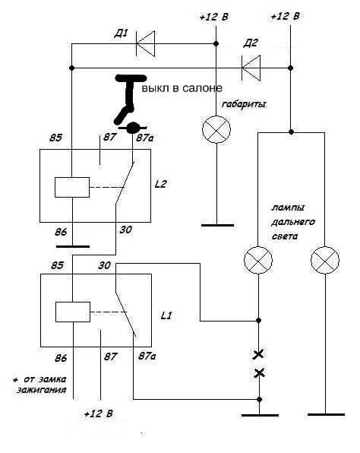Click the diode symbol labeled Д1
pos(146,43)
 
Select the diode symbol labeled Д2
pos(251,68)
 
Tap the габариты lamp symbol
pos(216,129)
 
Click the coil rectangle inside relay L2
pos(72,187)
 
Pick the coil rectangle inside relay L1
pos(73,312)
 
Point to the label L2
pos(160,184)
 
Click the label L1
pos(166,315)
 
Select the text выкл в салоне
pos(182,88)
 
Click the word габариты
pos(244,104)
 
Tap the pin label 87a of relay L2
pos(145,138)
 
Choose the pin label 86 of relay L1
pos(61,358)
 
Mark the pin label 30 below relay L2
pos(125,230)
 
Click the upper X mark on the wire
pos(258,354)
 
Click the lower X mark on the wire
pos(259,373)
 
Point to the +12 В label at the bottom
pos(99,414)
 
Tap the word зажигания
pos(42,391)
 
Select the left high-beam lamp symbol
pos(258,260)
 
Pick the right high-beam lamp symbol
pos(325,260)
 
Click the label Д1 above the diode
pos(121,34)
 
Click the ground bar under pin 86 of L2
pos(73,247)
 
